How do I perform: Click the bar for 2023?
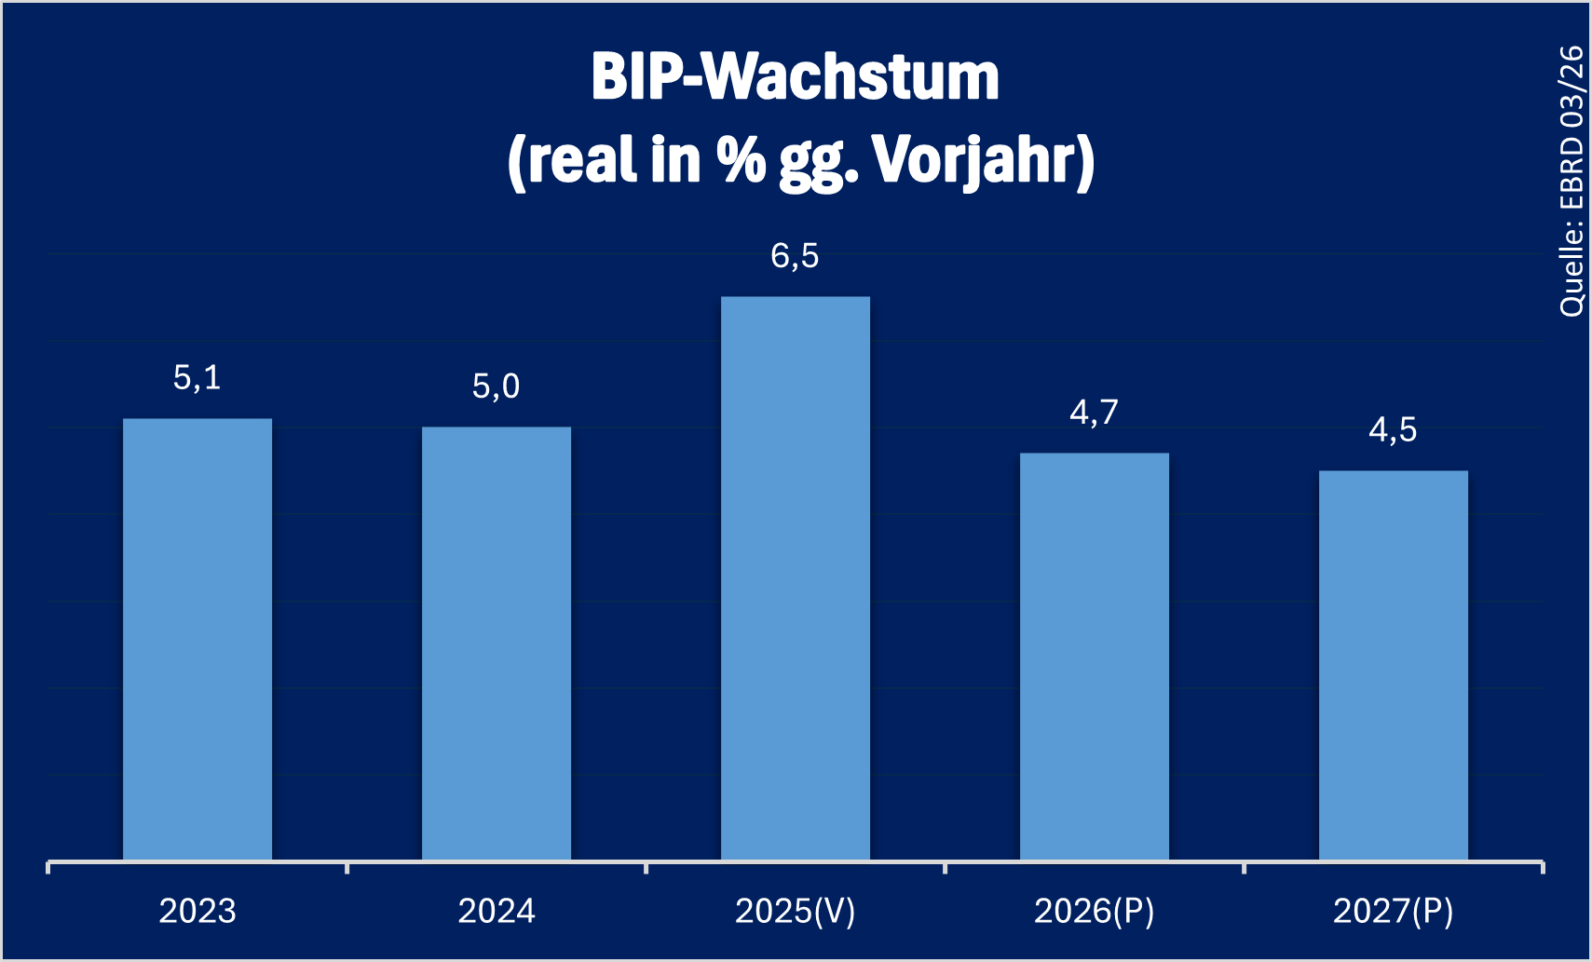click(x=197, y=639)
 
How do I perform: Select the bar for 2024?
click(x=497, y=643)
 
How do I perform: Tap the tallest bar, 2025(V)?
click(x=796, y=577)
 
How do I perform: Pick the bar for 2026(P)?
click(x=1095, y=656)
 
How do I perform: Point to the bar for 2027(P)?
click(x=1394, y=665)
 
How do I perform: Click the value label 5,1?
click(x=197, y=378)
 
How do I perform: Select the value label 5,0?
click(x=497, y=386)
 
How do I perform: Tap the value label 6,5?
click(x=796, y=256)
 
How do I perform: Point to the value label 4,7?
click(x=1095, y=413)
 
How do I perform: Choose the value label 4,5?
click(x=1394, y=430)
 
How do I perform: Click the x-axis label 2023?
click(x=197, y=911)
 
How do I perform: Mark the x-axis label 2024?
click(x=497, y=911)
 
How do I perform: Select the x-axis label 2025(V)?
click(x=796, y=911)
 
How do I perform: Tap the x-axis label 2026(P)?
click(x=1095, y=911)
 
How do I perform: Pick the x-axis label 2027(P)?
click(x=1394, y=911)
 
